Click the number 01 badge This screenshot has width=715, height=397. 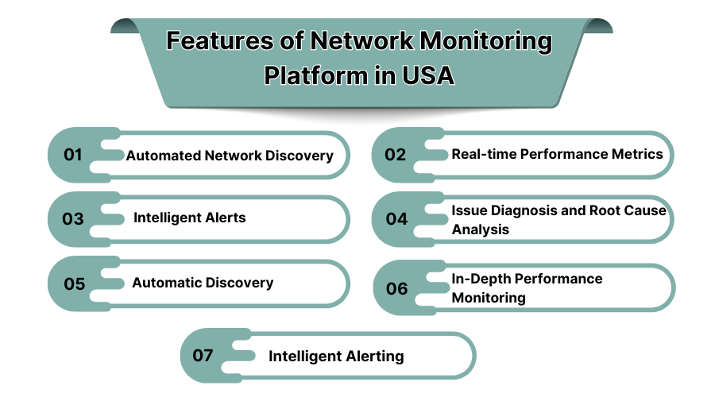74,155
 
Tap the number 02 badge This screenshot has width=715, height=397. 396,155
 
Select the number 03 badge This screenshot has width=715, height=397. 73,219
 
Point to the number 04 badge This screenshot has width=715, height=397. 396,219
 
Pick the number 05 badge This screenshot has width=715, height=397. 74,283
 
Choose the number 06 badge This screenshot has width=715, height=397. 396,288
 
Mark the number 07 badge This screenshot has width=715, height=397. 204,355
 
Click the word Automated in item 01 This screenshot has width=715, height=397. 162,156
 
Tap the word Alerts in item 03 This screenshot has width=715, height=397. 224,218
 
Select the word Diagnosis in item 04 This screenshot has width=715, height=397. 519,210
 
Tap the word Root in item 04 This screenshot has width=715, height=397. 604,210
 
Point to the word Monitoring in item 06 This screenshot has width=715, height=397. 489,298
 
